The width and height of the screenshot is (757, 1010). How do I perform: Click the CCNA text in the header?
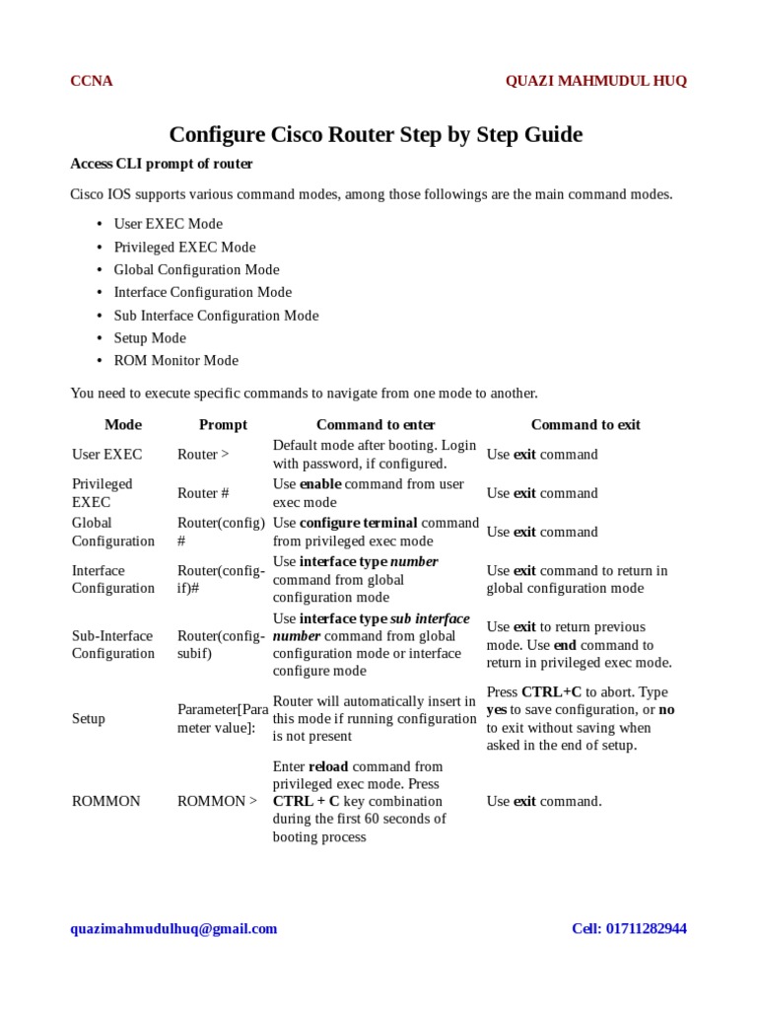[x=91, y=81]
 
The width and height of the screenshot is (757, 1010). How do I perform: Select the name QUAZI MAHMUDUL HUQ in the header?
[x=595, y=81]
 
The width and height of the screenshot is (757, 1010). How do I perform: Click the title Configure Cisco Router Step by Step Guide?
[x=376, y=134]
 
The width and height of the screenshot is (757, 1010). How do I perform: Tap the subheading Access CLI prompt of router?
[x=161, y=164]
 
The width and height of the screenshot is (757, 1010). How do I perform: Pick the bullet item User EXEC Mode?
[x=168, y=224]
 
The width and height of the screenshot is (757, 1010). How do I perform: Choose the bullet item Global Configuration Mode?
[x=196, y=269]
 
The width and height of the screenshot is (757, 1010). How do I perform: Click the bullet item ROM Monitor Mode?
[x=175, y=360]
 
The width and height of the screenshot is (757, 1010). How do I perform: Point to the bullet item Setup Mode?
[x=150, y=337]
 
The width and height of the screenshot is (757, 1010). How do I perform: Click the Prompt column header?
[x=223, y=424]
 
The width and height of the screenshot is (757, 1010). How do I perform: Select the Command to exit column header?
[x=585, y=424]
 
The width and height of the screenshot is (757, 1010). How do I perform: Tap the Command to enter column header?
[x=375, y=424]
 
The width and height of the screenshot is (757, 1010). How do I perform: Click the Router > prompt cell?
[x=203, y=455]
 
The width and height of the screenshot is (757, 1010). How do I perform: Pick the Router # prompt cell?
[x=203, y=493]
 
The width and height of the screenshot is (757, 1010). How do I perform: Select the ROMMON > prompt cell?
[x=217, y=801]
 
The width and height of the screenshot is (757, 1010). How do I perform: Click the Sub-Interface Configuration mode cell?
[x=113, y=644]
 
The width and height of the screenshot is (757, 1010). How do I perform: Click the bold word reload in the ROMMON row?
[x=328, y=766]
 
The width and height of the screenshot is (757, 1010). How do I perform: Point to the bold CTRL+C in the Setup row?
[x=552, y=692]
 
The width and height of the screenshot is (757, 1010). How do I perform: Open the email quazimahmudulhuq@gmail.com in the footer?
[x=173, y=928]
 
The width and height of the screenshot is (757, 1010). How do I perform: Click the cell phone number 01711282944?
[x=649, y=928]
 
